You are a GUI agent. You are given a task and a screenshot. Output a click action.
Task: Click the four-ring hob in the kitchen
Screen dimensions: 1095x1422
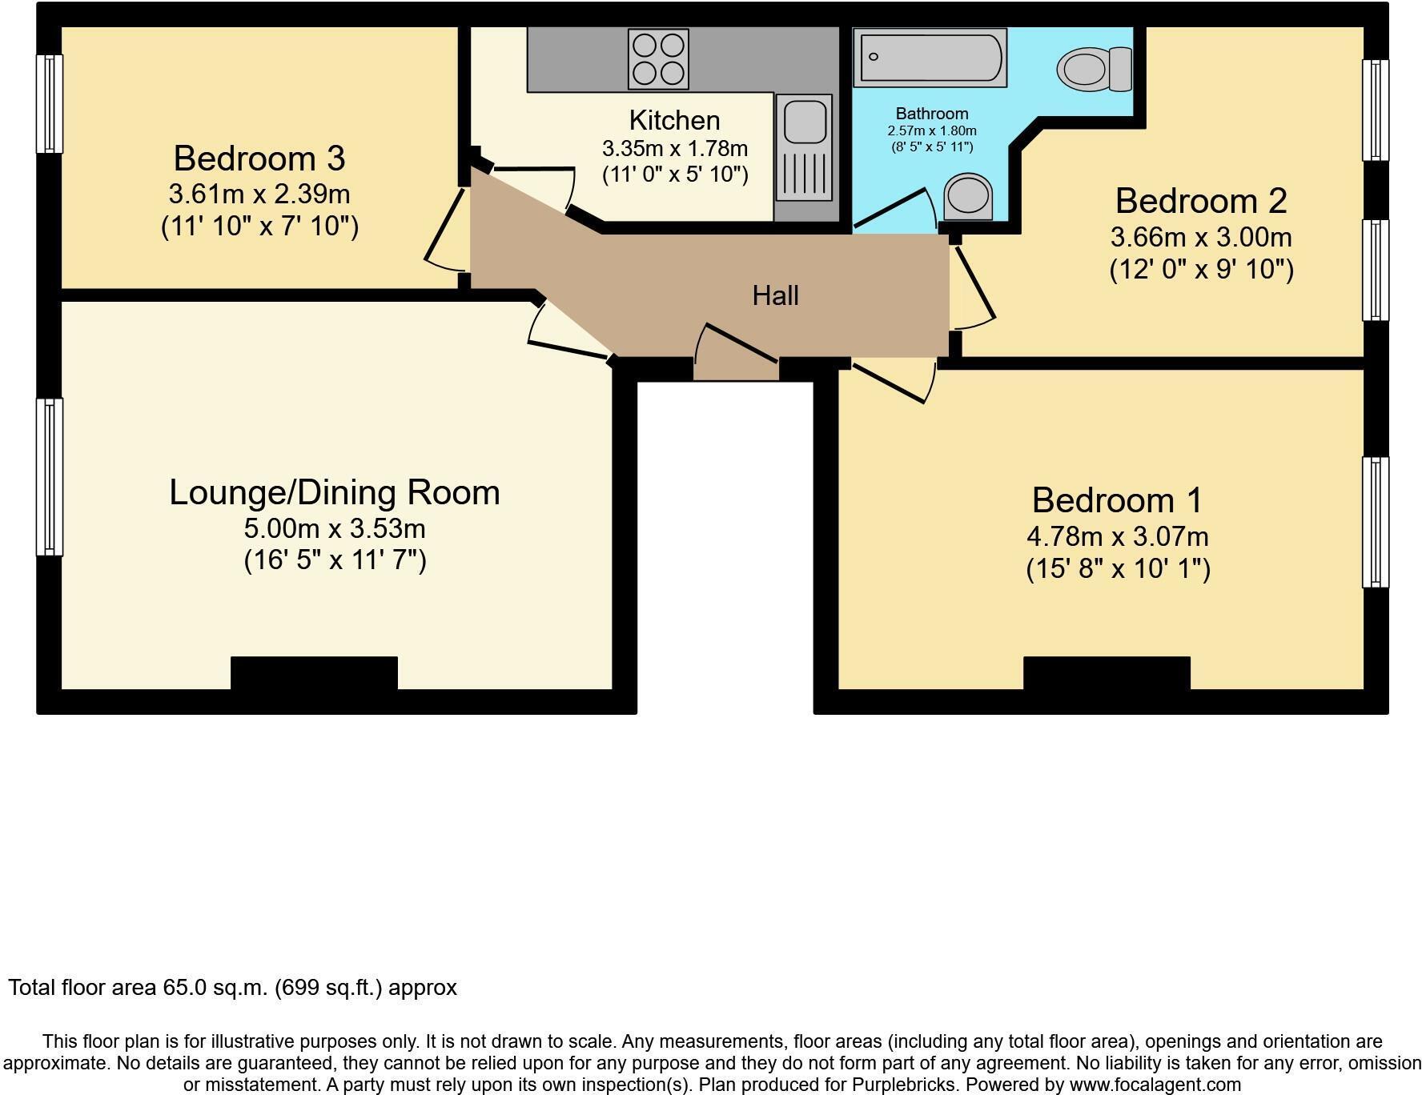(x=658, y=58)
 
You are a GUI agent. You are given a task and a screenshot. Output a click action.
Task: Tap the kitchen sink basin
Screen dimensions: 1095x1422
(x=803, y=121)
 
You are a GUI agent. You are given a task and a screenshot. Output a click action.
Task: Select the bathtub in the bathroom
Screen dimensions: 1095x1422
(x=930, y=58)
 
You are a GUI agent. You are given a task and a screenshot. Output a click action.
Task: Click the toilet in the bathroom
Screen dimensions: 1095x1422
(x=1093, y=69)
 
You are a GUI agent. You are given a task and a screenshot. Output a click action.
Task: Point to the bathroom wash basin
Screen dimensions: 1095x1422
(x=968, y=196)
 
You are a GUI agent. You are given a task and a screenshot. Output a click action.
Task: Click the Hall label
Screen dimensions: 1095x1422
(x=775, y=296)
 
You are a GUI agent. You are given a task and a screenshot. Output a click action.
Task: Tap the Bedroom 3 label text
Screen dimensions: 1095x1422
(x=259, y=158)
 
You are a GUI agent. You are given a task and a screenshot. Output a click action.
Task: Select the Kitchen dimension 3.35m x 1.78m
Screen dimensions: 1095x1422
(x=674, y=149)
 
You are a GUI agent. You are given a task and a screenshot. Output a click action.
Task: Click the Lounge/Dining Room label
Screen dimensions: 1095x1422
(x=334, y=492)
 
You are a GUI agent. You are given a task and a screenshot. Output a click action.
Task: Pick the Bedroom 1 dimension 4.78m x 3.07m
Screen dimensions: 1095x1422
(x=1117, y=536)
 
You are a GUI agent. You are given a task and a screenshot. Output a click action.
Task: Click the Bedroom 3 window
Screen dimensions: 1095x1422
(x=50, y=103)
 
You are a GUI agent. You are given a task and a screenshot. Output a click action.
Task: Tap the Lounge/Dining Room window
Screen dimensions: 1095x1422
(x=50, y=477)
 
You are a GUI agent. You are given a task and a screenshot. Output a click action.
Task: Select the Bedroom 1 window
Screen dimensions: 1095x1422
(x=1375, y=522)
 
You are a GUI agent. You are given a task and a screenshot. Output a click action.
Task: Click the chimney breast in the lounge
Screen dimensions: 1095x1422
(x=314, y=674)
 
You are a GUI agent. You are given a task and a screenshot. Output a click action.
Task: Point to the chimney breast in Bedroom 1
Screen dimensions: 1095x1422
(x=1106, y=674)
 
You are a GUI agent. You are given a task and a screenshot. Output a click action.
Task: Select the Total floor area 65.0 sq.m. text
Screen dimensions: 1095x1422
(x=232, y=988)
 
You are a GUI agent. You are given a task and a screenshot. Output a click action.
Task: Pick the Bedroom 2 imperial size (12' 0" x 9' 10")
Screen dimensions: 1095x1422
(x=1200, y=270)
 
